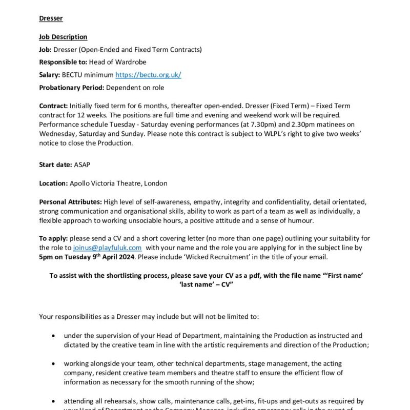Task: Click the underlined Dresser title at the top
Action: click(x=51, y=18)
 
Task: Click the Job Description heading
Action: click(x=63, y=37)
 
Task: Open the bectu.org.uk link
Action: click(x=148, y=75)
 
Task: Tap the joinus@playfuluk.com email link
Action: click(x=107, y=248)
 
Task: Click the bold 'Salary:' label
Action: click(x=50, y=75)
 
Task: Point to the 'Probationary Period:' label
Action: click(x=71, y=88)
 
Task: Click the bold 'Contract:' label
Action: click(x=53, y=106)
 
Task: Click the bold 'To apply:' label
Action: click(x=53, y=238)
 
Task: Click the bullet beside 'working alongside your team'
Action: click(x=54, y=364)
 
